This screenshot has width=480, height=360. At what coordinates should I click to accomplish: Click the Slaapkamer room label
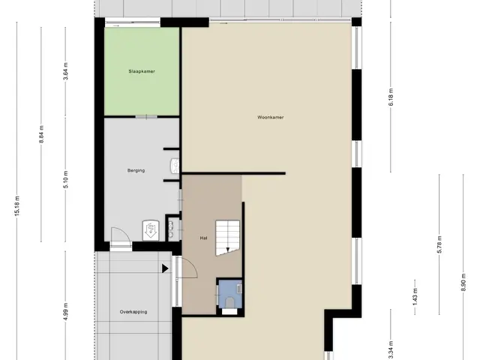[x=142, y=71]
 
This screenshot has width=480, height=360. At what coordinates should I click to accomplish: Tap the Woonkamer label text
[x=270, y=117]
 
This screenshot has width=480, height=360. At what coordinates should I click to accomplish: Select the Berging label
[x=136, y=170]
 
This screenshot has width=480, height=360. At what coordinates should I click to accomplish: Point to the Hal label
[x=203, y=238]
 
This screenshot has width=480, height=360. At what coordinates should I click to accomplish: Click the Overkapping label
[x=133, y=312]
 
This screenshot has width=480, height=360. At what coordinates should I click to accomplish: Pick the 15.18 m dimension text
[x=17, y=205]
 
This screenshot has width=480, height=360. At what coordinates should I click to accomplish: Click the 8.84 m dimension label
[x=41, y=134]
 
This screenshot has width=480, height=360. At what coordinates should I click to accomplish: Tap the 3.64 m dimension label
[x=65, y=71]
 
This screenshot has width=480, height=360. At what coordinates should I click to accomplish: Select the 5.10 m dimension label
[x=65, y=179]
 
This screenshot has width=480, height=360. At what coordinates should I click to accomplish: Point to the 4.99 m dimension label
[x=65, y=312]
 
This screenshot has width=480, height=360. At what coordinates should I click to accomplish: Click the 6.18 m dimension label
[x=391, y=97]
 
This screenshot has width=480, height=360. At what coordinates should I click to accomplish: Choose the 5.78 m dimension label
[x=439, y=244]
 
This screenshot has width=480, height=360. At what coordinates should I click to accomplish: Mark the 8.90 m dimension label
[x=463, y=282]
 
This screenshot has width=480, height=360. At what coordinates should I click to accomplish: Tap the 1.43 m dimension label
[x=415, y=297]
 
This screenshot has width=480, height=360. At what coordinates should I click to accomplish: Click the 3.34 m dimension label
[x=391, y=350]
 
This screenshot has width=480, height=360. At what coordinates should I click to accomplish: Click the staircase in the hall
[x=227, y=238]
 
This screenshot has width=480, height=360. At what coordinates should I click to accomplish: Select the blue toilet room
[x=230, y=294]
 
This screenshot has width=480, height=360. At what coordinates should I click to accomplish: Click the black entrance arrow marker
[x=165, y=268]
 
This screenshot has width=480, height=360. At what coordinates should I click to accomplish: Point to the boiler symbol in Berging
[x=151, y=230]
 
